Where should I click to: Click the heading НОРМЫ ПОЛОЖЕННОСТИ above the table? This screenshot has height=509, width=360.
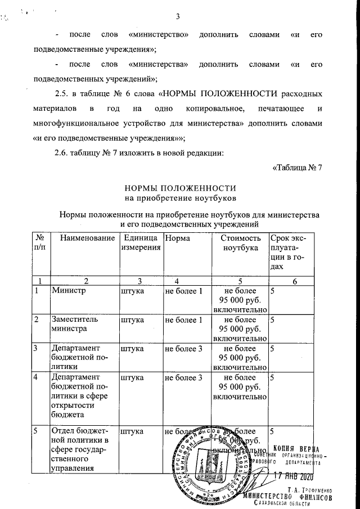[x=179, y=187]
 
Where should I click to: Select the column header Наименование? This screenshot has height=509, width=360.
[x=84, y=238]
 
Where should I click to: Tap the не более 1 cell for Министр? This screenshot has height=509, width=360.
[x=183, y=291]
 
